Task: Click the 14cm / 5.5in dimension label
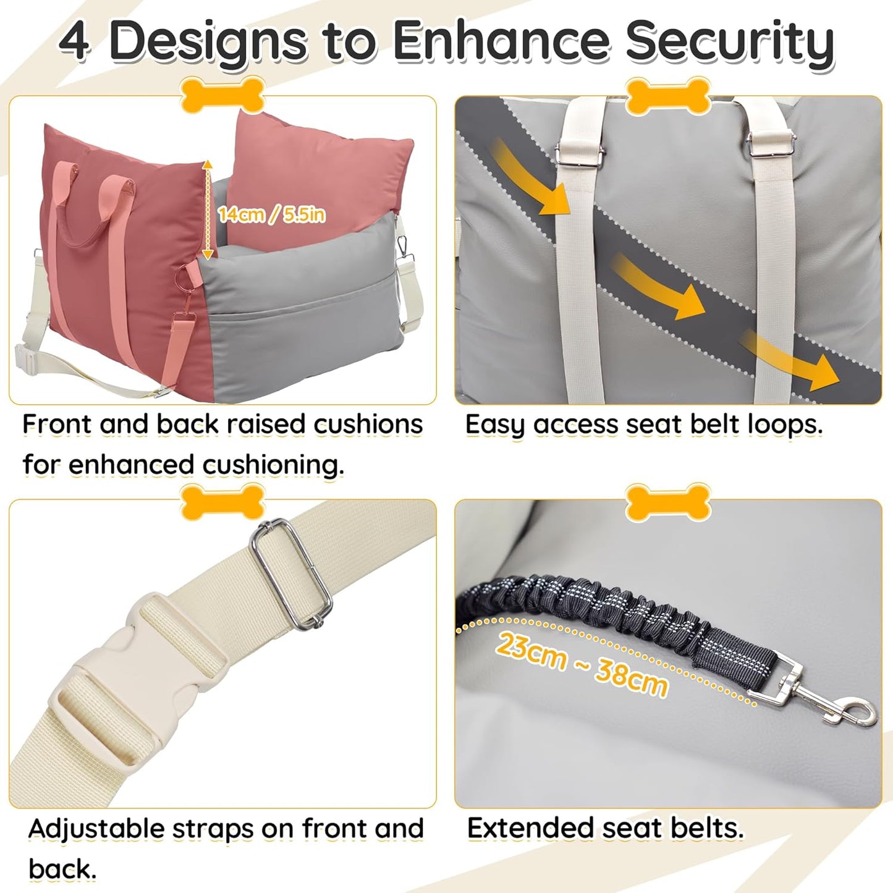pyautogui.click(x=271, y=214)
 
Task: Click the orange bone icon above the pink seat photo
pyautogui.click(x=222, y=95)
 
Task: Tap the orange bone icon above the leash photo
pyautogui.click(x=668, y=502)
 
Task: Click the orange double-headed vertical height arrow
pyautogui.click(x=208, y=209)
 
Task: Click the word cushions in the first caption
pyautogui.click(x=368, y=424)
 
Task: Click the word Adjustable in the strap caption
pyautogui.click(x=96, y=829)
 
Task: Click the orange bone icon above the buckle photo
pyautogui.click(x=222, y=502)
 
